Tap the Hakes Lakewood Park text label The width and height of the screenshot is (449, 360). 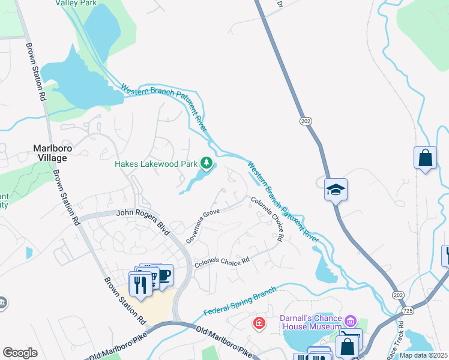156,163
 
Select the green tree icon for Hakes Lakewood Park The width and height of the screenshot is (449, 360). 206,163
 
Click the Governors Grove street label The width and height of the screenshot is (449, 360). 203,226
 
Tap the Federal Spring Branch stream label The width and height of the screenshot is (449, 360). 240,301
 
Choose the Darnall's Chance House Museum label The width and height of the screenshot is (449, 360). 311,322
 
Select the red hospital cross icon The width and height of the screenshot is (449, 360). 259,323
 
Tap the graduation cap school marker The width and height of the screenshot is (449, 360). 336,190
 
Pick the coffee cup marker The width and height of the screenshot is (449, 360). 163,275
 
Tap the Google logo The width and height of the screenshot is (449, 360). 20,353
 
